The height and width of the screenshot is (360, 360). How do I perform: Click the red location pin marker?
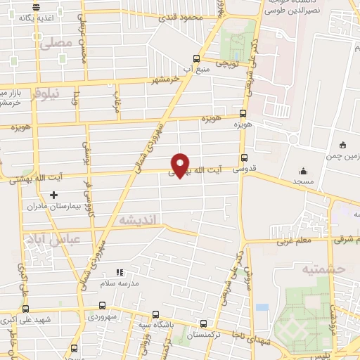[181, 165]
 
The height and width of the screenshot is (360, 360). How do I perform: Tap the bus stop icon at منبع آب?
[196, 59]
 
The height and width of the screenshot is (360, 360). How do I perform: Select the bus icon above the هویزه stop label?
[243, 112]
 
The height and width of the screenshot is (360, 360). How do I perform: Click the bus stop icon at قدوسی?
[244, 158]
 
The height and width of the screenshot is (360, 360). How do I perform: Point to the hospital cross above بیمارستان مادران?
[53, 195]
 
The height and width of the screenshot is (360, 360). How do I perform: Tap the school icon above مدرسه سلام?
[118, 271]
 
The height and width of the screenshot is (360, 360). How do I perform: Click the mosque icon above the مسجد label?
[303, 170]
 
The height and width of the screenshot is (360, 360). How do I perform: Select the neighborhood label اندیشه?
[139, 220]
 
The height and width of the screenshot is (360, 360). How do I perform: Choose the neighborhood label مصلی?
[56, 43]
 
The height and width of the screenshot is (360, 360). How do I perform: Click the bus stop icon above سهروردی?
[103, 306]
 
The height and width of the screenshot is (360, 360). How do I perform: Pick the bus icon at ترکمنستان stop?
[203, 324]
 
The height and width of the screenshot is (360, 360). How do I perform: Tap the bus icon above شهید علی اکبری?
[26, 309]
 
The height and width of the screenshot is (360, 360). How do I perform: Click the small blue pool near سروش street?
[262, 307]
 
